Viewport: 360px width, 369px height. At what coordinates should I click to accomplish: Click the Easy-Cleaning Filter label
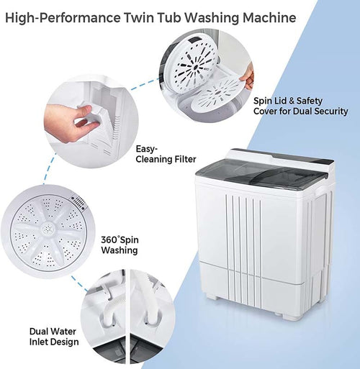[x=164, y=155]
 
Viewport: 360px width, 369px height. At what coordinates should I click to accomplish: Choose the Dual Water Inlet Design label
[x=55, y=337]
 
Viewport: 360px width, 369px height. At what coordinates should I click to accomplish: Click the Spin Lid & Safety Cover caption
[x=300, y=106]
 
